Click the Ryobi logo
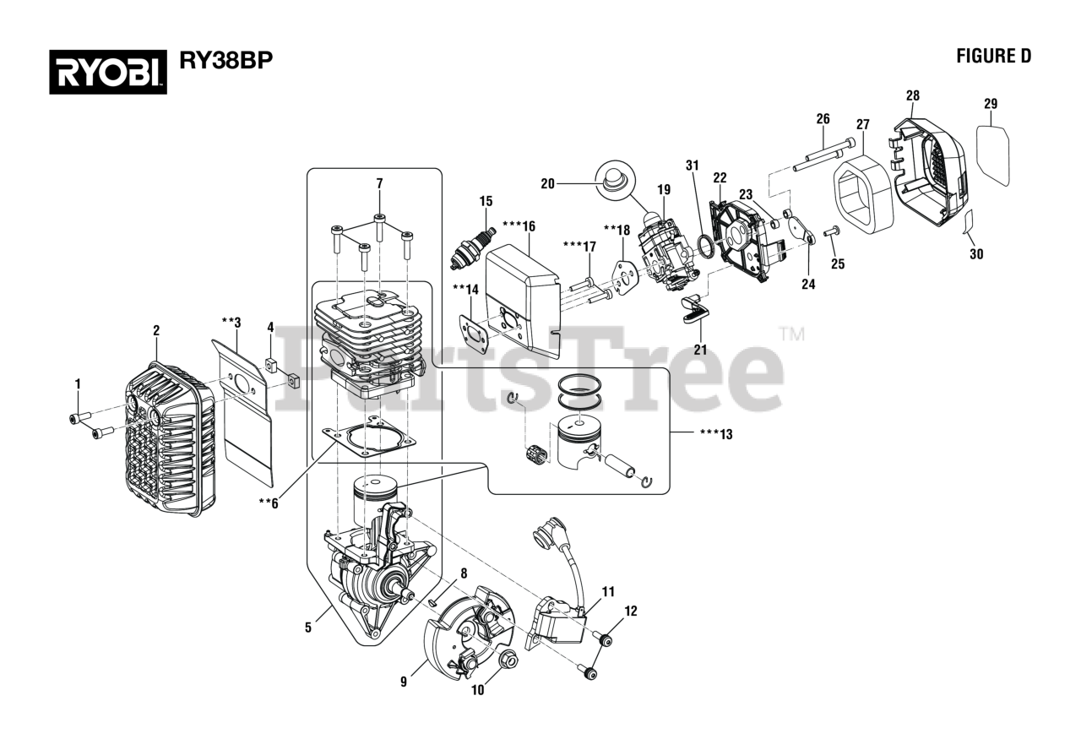(107, 70)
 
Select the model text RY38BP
(225, 61)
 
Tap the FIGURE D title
(993, 56)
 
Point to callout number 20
(547, 183)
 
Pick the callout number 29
(991, 104)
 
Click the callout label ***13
(715, 434)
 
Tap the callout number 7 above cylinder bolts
(379, 183)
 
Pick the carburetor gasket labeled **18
(626, 275)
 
